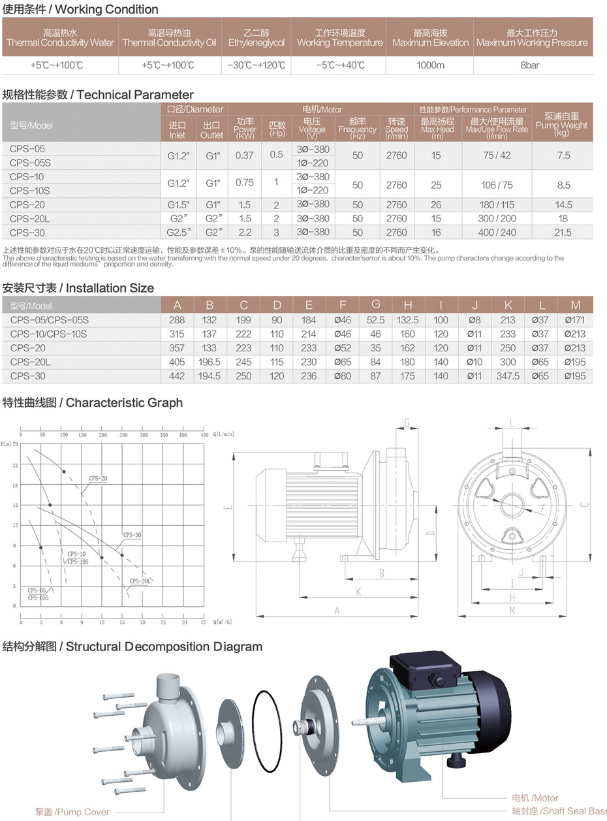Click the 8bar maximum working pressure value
529,65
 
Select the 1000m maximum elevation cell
430,65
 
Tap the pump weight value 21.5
562,233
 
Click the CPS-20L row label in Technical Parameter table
30,219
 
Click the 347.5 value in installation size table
508,376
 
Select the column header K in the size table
508,305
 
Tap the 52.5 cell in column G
375,320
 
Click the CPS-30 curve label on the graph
132,535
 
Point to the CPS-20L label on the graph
140,581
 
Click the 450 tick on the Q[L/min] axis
204,435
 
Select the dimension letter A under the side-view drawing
337,611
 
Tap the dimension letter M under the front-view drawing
512,611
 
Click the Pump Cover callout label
72,812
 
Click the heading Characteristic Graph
93,402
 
